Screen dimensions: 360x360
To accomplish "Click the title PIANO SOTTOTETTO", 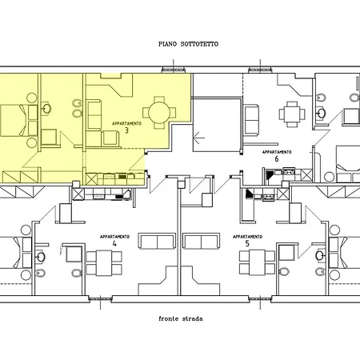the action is (188, 44).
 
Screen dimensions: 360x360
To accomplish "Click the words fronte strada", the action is (181, 318).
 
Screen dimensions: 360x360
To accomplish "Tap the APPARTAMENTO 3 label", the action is (126, 127).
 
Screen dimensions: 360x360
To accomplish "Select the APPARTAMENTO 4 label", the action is (114, 240).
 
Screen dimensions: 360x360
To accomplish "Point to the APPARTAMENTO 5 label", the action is (247, 240).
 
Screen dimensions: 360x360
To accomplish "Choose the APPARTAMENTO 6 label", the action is (277, 156).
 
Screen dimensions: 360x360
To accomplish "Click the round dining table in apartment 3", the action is (159, 113).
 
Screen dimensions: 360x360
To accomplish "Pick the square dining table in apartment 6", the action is (292, 114).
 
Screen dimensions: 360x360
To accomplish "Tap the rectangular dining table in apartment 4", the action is (104, 263).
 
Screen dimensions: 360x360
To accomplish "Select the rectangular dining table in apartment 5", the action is (257, 262).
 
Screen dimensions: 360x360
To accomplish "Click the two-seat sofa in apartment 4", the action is (157, 241).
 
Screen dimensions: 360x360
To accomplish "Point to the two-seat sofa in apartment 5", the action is (202, 241).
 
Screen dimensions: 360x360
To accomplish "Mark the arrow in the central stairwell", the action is (198, 138).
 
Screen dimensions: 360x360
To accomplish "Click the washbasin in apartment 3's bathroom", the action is (46, 109).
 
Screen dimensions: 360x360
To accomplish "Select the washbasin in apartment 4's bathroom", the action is (41, 257).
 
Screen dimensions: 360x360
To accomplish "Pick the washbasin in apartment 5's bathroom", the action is (320, 255).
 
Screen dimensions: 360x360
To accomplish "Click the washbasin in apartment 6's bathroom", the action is (322, 113).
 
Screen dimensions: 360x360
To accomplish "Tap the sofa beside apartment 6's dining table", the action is (251, 120).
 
